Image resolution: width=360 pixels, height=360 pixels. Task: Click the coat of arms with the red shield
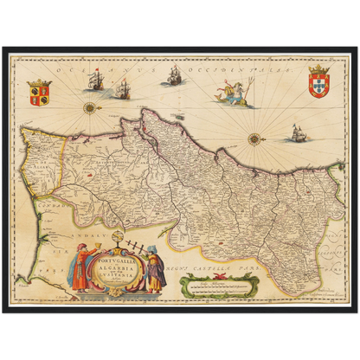pos(319,82)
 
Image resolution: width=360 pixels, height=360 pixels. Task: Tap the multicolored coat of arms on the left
pos(40,93)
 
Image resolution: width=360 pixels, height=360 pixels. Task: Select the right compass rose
pos(254,138)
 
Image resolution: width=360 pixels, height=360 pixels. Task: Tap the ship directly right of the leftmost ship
pos(120,87)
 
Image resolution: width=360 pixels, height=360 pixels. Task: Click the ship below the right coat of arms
pos(298,132)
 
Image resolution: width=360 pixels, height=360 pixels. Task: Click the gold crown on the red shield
pos(319,68)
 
